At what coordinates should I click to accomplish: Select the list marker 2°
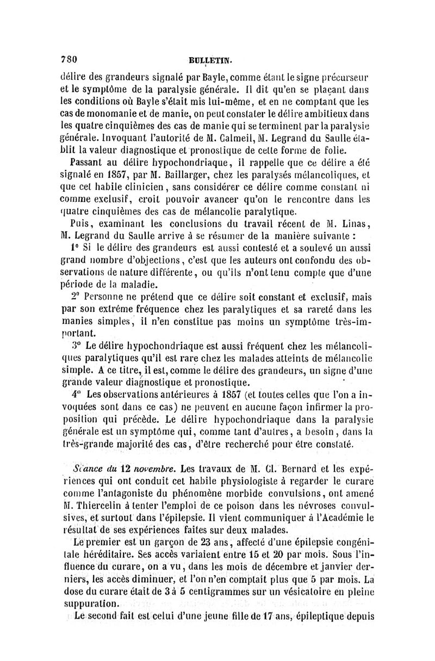pos(75,298)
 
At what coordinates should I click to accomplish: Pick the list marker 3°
pos(75,345)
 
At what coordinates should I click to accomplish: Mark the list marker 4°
pos(75,394)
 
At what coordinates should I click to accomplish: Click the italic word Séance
pos(89,468)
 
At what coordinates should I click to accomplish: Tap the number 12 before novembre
pos(126,468)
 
